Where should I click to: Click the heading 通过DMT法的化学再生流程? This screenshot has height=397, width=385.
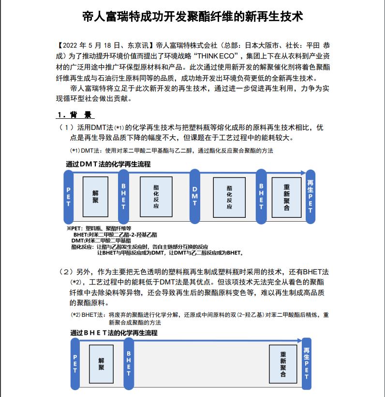tap(108, 164)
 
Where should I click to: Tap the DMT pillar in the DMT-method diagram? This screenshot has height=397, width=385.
tap(195, 197)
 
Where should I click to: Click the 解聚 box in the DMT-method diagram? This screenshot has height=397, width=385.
tap(95, 197)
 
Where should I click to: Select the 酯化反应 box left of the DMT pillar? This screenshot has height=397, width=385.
tap(156, 197)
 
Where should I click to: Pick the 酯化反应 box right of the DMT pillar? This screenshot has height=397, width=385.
tap(229, 197)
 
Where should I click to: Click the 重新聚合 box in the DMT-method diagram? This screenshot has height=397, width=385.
tap(287, 197)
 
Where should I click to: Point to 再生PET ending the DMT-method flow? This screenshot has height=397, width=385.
tap(310, 197)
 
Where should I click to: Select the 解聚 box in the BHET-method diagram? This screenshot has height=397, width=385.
tap(101, 364)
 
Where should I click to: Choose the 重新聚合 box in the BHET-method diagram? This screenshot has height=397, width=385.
tap(283, 364)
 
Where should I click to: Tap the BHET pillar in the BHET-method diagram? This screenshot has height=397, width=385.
tap(129, 364)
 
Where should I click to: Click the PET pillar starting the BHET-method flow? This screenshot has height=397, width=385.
tap(75, 364)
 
